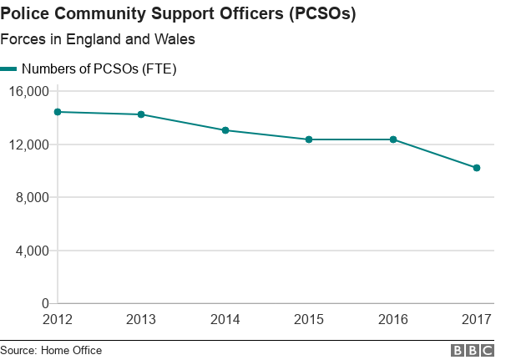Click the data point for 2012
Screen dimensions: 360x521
[58, 112]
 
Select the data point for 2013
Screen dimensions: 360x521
[141, 114]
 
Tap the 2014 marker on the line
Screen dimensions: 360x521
[225, 130]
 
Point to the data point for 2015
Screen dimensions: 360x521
[309, 139]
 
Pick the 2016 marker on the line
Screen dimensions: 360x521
[393, 139]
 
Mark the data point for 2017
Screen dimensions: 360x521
[477, 168]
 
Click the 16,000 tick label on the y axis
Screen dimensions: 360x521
[29, 91]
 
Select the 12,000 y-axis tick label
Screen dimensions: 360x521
[29, 145]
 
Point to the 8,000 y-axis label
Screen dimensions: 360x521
[33, 197]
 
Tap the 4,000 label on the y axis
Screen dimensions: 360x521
[33, 251]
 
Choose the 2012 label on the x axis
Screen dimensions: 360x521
[58, 319]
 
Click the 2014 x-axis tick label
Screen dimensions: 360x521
[225, 319]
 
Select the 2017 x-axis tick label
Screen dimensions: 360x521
[477, 319]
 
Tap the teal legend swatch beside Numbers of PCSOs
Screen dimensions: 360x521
[8, 69]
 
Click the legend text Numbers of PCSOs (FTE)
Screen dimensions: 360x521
[99, 69]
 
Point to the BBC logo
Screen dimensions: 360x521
[473, 351]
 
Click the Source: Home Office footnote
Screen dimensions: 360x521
[51, 351]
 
